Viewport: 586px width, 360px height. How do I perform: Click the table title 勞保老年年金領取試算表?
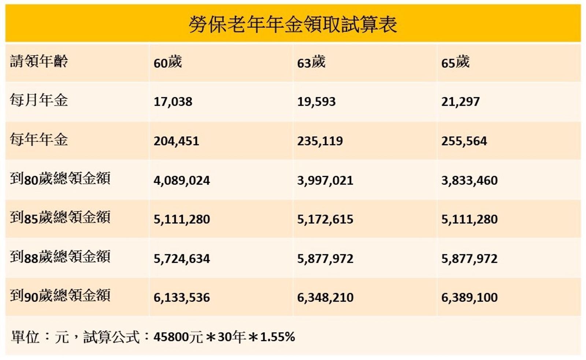(293, 25)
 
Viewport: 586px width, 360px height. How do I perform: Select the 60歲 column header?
(168, 62)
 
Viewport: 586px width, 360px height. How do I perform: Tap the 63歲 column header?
(311, 62)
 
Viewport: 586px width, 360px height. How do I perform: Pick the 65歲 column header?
(455, 62)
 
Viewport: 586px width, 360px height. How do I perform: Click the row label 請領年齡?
(39, 61)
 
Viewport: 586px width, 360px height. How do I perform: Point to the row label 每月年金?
(39, 100)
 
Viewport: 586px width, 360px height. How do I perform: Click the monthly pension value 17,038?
(173, 101)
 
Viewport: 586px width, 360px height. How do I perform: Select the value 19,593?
(316, 101)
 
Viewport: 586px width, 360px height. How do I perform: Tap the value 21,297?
(460, 101)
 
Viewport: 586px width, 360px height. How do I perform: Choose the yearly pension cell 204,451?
(176, 141)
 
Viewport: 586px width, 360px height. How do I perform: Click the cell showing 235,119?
(320, 141)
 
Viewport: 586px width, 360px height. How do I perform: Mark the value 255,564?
(464, 141)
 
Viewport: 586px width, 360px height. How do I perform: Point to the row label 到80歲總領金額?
(60, 179)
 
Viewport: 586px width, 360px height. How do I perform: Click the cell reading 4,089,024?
(182, 180)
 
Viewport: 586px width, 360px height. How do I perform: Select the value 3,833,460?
(469, 180)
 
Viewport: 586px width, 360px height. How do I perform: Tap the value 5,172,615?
(325, 219)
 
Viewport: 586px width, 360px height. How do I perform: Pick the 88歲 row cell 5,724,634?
(182, 259)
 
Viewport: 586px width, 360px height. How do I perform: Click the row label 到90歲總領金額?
(60, 296)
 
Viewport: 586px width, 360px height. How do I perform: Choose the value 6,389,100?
(469, 297)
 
